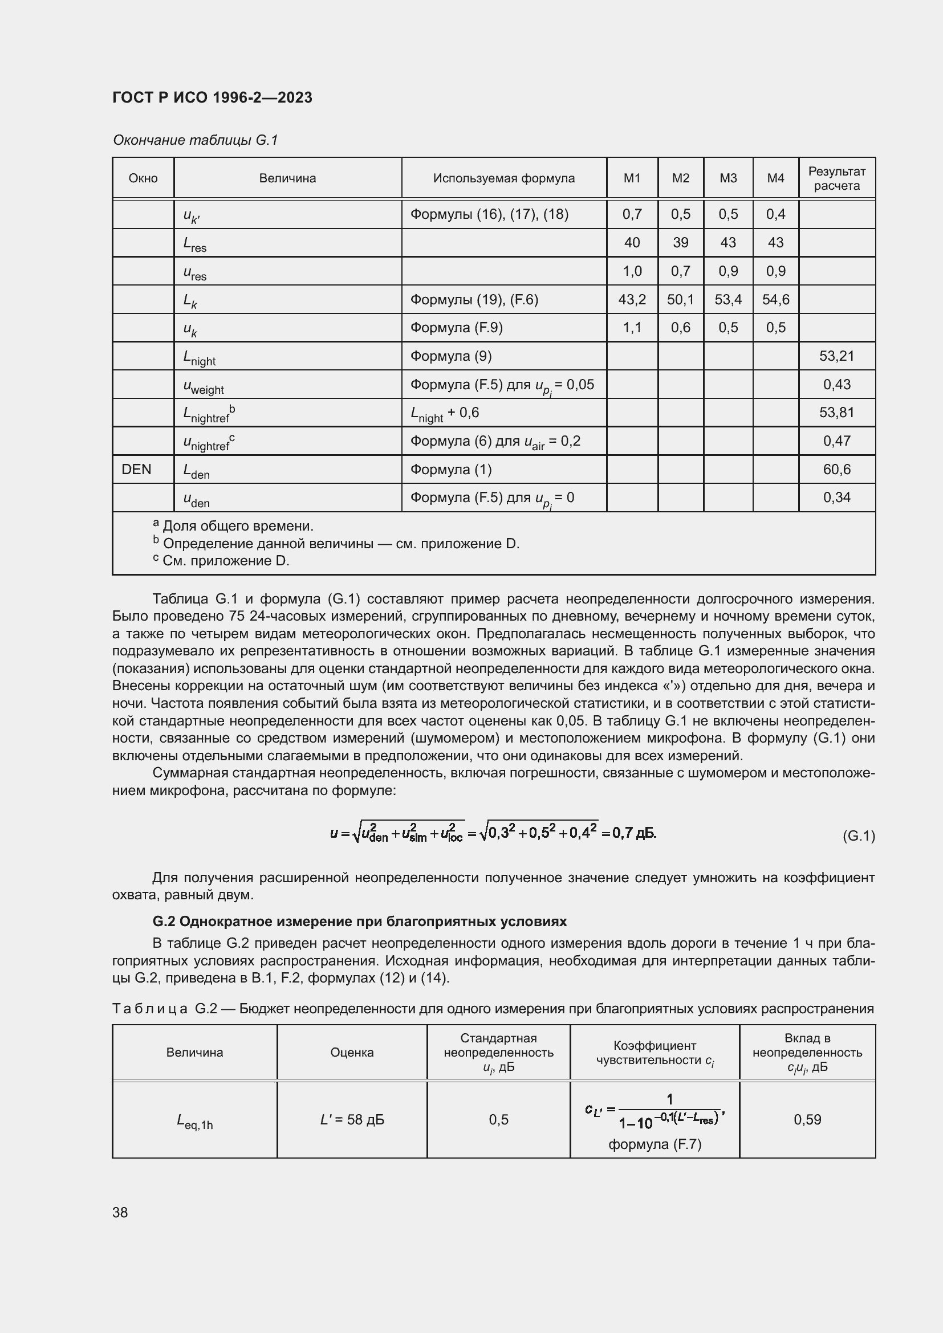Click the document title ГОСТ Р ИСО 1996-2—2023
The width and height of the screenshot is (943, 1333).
212,97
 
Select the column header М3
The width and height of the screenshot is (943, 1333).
727,178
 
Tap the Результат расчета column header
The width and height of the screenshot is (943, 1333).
836,178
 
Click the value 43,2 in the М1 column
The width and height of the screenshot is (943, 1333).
632,300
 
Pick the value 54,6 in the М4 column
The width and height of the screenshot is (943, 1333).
775,300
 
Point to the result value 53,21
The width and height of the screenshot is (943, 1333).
836,356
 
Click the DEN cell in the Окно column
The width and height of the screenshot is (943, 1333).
136,469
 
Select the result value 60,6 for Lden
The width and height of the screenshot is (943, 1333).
836,469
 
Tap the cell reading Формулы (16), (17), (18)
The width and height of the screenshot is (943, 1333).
489,214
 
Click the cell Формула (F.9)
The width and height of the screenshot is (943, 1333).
457,328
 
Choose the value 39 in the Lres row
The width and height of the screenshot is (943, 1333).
680,243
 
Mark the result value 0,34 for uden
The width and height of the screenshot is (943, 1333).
836,498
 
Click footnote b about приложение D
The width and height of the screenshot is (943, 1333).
336,544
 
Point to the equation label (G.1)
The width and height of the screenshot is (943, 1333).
858,836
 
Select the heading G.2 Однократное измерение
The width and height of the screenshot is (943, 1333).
359,922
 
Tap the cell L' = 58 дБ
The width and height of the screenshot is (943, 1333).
352,1119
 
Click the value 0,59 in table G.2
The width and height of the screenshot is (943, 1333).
807,1119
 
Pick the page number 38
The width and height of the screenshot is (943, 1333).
120,1212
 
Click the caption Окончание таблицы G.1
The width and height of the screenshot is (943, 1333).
195,140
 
